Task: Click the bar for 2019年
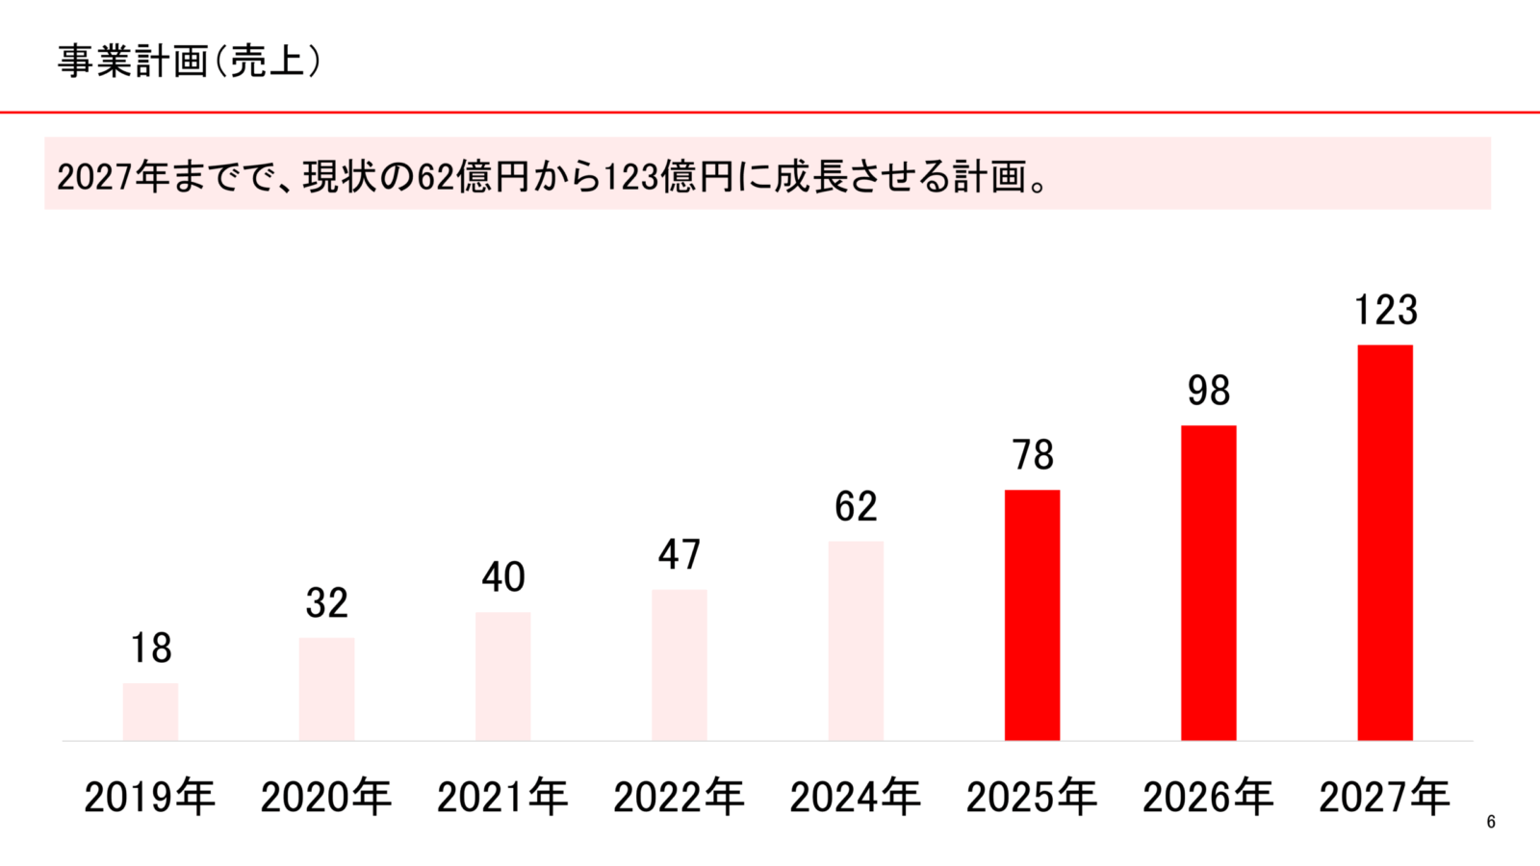[150, 712]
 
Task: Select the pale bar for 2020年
[326, 689]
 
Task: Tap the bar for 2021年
[502, 676]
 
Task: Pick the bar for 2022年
[680, 665]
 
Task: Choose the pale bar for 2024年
[856, 641]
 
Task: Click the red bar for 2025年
[1032, 616]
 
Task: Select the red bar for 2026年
[1208, 583]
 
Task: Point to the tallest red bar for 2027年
[1385, 543]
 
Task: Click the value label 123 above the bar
[1385, 311]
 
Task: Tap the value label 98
[1208, 391]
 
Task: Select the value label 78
[1032, 455]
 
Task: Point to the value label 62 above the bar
[856, 507]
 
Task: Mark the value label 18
[151, 649]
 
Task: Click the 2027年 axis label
[1384, 798]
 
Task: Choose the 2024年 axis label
[856, 798]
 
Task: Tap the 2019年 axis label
[150, 798]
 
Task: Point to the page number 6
[1491, 822]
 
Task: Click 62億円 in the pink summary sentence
[473, 177]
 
